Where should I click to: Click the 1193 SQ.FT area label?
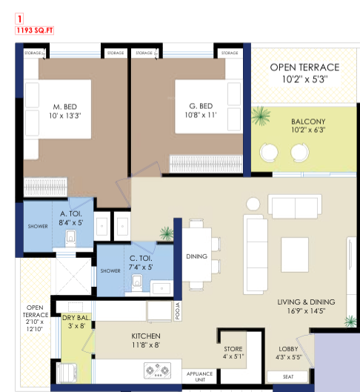click(x=35, y=30)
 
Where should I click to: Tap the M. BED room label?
click(x=65, y=107)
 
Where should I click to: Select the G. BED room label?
click(x=201, y=106)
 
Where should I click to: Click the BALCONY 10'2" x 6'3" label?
click(x=308, y=125)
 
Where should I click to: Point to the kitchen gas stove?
click(x=157, y=371)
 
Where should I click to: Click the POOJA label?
click(x=178, y=311)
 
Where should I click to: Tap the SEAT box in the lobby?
click(x=287, y=376)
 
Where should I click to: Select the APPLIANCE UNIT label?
click(x=199, y=376)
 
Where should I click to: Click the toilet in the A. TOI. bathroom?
click(x=70, y=239)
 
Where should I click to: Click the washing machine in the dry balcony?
click(x=67, y=373)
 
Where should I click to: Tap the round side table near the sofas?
click(x=253, y=204)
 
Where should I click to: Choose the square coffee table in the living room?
click(x=295, y=255)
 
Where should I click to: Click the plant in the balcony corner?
click(x=261, y=116)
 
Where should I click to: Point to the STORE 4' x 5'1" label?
click(x=233, y=353)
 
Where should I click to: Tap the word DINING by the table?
click(x=196, y=256)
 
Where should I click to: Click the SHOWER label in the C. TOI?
click(x=110, y=270)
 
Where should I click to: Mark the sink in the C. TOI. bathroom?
click(x=161, y=288)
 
